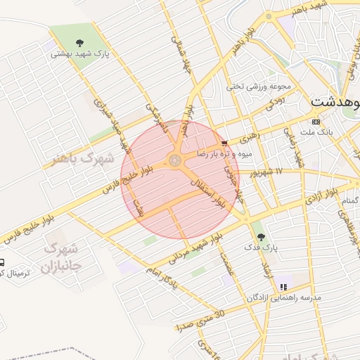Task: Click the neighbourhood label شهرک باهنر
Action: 82,159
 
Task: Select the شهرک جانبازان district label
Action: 61,257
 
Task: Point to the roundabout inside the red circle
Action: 174,161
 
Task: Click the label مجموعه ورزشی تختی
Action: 259,87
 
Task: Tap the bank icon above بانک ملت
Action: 316,122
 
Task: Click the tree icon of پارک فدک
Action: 262,237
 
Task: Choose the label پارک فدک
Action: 262,247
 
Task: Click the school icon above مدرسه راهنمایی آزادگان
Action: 283,287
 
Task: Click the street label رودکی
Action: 275,103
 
